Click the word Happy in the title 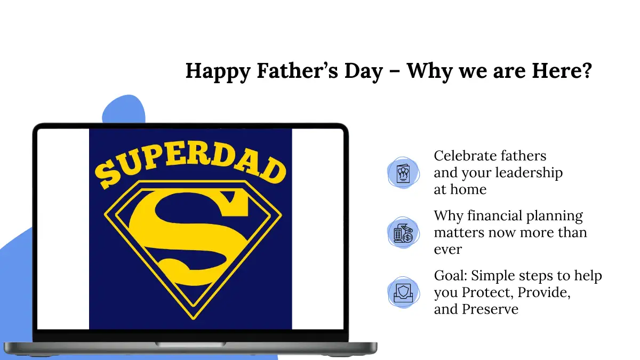point(218,71)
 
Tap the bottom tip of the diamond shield point(194,319)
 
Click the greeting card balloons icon point(403,173)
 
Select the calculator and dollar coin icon point(403,233)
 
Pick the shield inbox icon point(403,293)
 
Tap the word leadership point(529,173)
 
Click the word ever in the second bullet point(448,250)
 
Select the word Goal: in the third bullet point(451,276)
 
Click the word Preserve point(490,309)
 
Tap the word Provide point(544,293)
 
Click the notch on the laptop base point(190,345)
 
